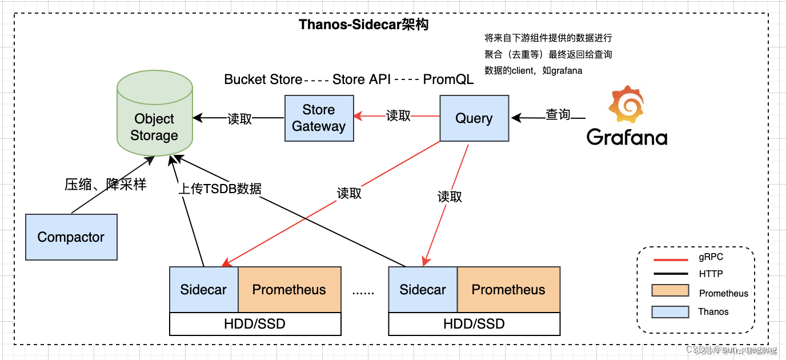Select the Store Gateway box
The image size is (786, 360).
pyautogui.click(x=319, y=118)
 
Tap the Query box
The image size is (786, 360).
pyautogui.click(x=474, y=118)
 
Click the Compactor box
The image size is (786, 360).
pyautogui.click(x=71, y=237)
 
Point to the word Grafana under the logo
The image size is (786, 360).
pyautogui.click(x=627, y=137)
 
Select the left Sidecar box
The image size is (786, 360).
pyautogui.click(x=203, y=289)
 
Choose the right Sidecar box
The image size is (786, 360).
pyautogui.click(x=423, y=289)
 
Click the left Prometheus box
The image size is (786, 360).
pyautogui.click(x=289, y=289)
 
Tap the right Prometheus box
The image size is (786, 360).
pyautogui.click(x=508, y=289)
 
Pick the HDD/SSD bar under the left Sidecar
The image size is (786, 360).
pyautogui.click(x=255, y=324)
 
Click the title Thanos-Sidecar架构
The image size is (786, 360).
pyautogui.click(x=364, y=25)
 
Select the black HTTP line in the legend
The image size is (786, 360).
pyautogui.click(x=669, y=275)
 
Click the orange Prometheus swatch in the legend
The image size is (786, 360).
pyautogui.click(x=670, y=291)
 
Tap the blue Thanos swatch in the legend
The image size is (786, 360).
pyautogui.click(x=670, y=311)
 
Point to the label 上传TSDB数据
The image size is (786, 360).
pyautogui.click(x=220, y=189)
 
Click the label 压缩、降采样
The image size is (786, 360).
pyautogui.click(x=105, y=184)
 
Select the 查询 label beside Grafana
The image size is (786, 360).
pyautogui.click(x=558, y=115)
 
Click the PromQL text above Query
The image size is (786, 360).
pyautogui.click(x=448, y=79)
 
